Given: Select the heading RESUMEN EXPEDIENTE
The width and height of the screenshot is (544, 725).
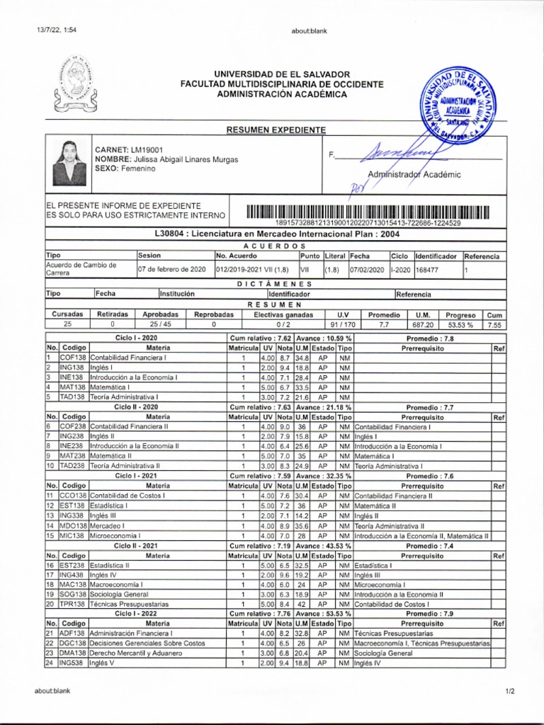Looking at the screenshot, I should (x=276, y=130).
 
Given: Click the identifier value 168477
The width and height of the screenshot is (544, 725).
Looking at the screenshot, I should (x=427, y=269).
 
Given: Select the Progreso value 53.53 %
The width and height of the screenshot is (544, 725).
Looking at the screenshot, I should (x=460, y=324).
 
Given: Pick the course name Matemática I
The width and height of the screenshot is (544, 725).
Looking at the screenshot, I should (x=110, y=387).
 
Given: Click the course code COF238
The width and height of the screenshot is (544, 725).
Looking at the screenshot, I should (x=73, y=427).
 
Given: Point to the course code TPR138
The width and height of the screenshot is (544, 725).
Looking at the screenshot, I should (x=73, y=604).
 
